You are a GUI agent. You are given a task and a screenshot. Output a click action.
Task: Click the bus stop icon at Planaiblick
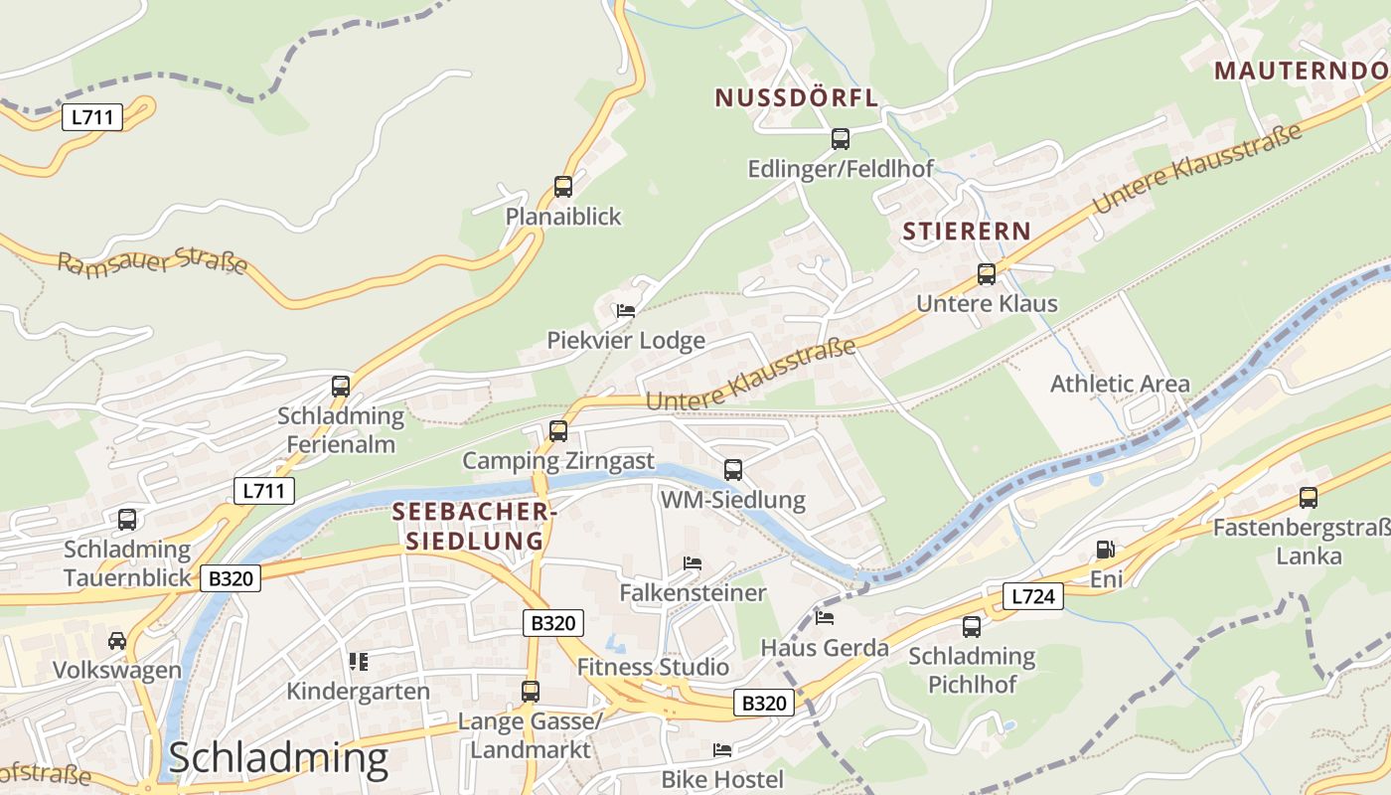click(562, 186)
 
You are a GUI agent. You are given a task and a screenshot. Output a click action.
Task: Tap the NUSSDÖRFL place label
click(796, 97)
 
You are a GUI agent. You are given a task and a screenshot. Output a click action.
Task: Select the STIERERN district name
click(966, 232)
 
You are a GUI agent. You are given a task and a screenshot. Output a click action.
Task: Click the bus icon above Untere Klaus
click(986, 273)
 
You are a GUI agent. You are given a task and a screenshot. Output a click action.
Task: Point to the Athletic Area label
click(1120, 384)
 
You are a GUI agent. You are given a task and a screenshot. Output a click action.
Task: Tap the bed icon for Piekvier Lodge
click(625, 310)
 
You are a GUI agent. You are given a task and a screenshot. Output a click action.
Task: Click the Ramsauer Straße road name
click(152, 262)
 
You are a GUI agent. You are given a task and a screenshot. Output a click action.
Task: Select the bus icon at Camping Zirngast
click(558, 430)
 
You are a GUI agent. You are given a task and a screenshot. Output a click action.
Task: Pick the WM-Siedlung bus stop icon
click(732, 469)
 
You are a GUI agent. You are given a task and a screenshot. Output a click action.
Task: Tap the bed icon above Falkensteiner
click(693, 563)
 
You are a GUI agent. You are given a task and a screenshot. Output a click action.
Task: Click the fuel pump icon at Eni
click(1104, 550)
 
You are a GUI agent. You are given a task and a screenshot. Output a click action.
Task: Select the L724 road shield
click(1032, 596)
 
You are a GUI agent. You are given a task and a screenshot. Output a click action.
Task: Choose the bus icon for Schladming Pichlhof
click(971, 626)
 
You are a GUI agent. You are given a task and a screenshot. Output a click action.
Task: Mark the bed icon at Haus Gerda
click(824, 617)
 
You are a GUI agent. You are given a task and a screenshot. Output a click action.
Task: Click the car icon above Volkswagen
click(117, 640)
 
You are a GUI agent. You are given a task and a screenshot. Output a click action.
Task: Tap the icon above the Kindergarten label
click(358, 661)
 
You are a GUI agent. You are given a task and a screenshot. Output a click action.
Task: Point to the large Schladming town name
click(277, 757)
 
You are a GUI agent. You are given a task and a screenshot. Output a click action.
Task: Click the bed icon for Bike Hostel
click(722, 749)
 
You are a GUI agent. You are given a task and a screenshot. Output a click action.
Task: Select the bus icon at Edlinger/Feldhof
click(840, 138)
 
